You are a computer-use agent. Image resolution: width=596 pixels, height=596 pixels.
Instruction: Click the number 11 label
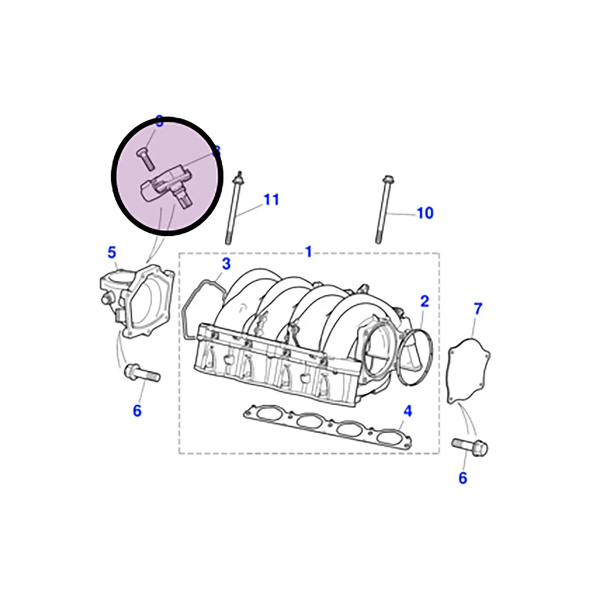[x=271, y=200]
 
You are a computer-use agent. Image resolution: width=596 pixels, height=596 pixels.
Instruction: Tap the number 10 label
[x=424, y=213]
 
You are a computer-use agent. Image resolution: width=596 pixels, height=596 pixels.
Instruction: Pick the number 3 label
[x=226, y=264]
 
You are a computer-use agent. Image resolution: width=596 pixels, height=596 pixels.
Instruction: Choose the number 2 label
[x=424, y=302]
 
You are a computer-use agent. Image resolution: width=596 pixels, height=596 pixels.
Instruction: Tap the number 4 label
[x=407, y=410]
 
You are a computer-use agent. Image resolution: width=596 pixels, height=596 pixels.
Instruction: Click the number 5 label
[x=112, y=252]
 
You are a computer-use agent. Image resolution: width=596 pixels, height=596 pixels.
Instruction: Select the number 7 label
[x=477, y=309]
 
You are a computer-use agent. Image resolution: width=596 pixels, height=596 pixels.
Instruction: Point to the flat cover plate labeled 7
[x=469, y=370]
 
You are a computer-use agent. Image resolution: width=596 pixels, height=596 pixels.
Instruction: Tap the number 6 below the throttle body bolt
[x=137, y=410]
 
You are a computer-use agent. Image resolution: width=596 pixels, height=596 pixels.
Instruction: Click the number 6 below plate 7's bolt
[x=463, y=478]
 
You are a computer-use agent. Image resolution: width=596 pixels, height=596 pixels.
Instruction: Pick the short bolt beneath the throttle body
[x=142, y=374]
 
